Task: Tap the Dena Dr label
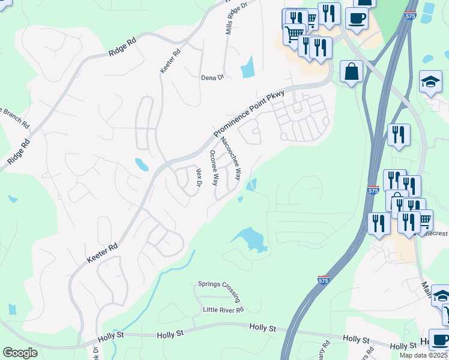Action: [x=212, y=77]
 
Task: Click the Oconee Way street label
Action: [x=213, y=168]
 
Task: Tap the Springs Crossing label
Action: [x=220, y=292]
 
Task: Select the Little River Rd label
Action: [x=223, y=310]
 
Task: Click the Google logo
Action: [x=20, y=353]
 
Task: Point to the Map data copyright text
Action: [x=415, y=355]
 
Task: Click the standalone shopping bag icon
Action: [x=351, y=71]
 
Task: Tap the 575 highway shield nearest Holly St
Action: [x=324, y=280]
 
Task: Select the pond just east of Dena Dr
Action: [x=247, y=67]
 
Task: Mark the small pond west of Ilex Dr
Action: [x=142, y=164]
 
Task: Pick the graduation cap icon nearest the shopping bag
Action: [x=430, y=82]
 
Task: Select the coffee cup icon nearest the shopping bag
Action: [x=357, y=18]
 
